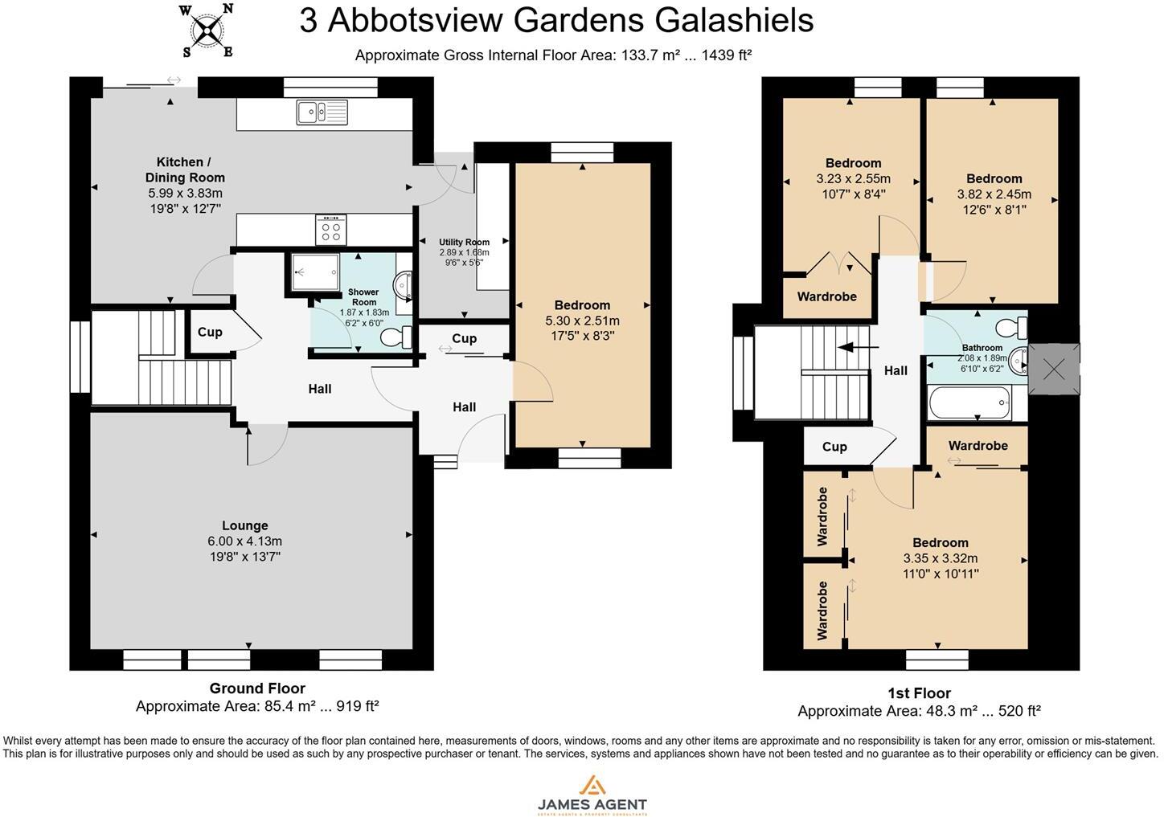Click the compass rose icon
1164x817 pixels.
208,31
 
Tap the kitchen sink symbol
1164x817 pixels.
322,112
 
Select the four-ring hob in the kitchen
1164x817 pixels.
330,231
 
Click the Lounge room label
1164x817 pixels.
245,525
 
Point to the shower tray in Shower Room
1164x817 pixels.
309,272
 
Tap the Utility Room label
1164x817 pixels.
464,242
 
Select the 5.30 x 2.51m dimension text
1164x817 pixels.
582,321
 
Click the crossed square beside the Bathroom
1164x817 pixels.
1054,370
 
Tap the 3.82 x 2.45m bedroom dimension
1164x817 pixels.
994,194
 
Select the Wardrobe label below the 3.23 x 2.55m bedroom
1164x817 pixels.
826,296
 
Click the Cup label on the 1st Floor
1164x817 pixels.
834,447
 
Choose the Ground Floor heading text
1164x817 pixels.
257,688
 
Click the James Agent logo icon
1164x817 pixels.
592,786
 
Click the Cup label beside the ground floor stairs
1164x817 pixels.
210,332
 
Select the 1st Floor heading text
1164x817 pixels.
919,692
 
